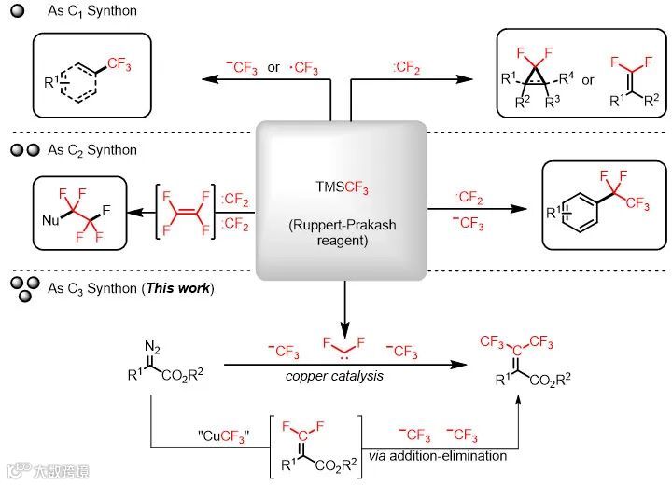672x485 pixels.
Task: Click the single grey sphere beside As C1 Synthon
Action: point(15,11)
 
